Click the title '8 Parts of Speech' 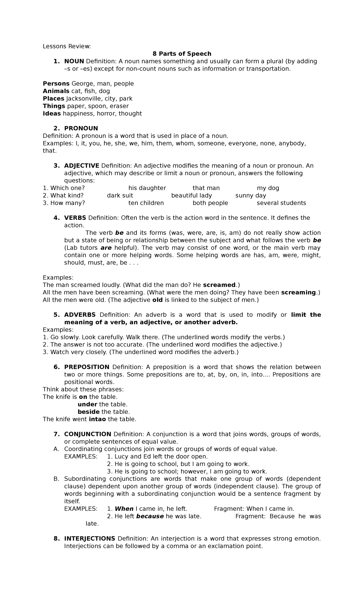point(182,54)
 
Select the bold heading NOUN point(74,61)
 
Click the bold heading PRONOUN point(81,128)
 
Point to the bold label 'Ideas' point(52,113)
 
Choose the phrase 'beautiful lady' point(191,196)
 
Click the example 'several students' point(281,203)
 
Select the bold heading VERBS point(75,218)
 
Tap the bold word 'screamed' point(219,285)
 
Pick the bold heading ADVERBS point(80,315)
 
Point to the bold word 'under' point(87,404)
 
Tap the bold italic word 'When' point(124,509)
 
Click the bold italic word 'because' point(150,516)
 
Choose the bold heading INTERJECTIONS point(89,538)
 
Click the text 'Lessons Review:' point(67,46)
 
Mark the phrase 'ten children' point(146,203)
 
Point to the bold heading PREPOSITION point(87,367)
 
